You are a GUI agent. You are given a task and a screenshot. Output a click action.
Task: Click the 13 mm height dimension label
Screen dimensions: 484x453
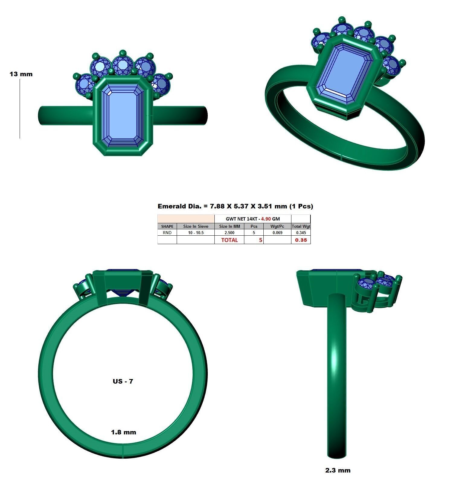[x=21, y=74]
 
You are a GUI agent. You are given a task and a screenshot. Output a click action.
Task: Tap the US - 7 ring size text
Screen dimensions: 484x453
[x=123, y=381]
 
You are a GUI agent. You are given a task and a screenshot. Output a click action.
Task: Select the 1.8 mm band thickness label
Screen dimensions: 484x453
[x=124, y=432]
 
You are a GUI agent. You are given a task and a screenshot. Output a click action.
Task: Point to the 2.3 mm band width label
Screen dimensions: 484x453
[x=338, y=470]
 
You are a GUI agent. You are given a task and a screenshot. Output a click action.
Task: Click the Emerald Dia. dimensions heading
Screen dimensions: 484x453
[x=235, y=206]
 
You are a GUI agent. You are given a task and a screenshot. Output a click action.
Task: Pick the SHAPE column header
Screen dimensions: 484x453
[x=167, y=226]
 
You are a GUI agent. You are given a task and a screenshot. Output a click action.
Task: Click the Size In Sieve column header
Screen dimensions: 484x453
[x=195, y=226]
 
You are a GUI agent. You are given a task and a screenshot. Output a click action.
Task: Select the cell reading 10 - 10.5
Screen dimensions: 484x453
[x=195, y=233]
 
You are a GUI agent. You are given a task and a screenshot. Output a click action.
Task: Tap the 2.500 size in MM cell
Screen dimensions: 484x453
[x=229, y=233]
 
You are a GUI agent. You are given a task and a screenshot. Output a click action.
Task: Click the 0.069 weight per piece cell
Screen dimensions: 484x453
[x=277, y=233]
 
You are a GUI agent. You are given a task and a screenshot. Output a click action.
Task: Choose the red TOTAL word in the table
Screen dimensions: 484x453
[x=229, y=240]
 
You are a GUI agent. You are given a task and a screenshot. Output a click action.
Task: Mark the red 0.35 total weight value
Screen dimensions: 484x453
[x=301, y=240]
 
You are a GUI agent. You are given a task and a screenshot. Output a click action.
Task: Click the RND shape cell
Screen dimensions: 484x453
[x=167, y=233]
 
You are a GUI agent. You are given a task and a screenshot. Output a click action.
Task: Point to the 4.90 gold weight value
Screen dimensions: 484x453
[x=266, y=219]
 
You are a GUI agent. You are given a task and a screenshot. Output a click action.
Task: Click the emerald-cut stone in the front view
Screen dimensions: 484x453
[x=123, y=116]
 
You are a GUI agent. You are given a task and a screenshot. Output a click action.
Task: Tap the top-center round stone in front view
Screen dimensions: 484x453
[x=123, y=65]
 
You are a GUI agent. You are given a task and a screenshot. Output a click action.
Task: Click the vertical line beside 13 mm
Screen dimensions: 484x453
[x=20, y=109]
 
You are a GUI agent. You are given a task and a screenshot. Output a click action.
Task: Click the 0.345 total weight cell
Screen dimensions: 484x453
[x=301, y=233]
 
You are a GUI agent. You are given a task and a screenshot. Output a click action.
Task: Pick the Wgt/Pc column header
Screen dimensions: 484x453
[x=277, y=226]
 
